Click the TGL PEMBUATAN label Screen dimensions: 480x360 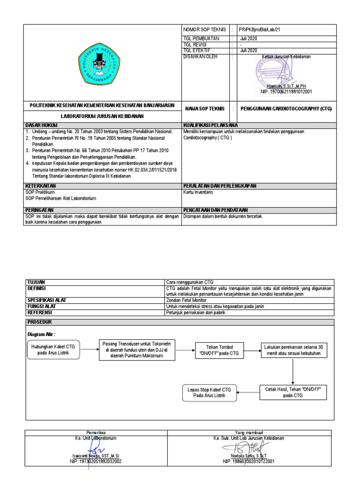(x=199, y=38)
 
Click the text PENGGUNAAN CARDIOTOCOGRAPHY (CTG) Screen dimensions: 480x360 (x=285, y=108)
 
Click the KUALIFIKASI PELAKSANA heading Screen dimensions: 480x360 (x=210, y=125)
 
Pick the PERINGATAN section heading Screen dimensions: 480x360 (x=40, y=210)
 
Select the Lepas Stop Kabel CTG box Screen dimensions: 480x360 (x=209, y=393)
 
